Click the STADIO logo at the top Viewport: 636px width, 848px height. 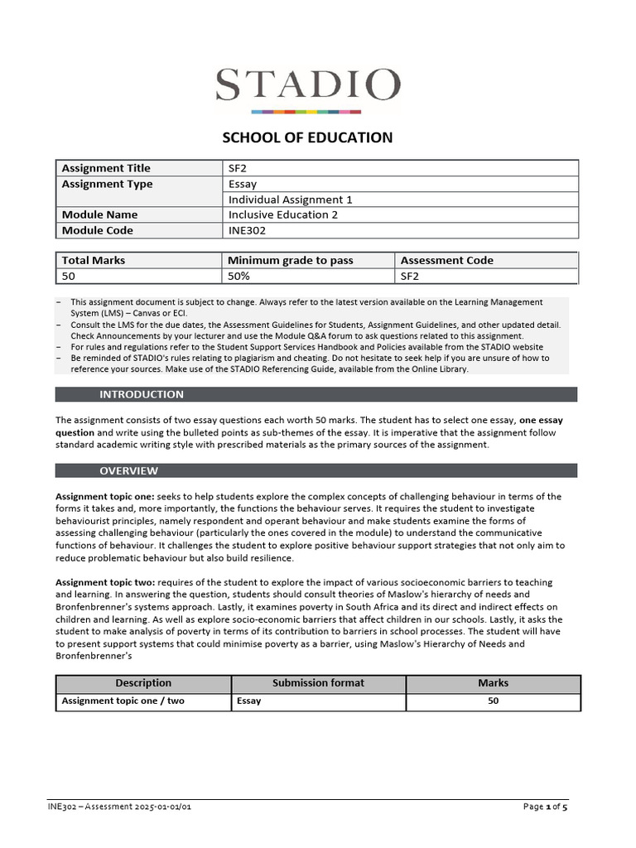coord(308,89)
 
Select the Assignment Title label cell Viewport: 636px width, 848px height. coord(106,168)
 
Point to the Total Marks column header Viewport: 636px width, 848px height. coord(94,260)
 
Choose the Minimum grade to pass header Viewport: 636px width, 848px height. coord(290,260)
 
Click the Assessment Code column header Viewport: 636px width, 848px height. coord(446,260)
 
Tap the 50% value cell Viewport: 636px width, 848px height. coord(239,276)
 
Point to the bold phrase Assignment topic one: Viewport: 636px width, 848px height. coord(104,497)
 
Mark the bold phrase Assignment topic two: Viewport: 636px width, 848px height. coord(104,583)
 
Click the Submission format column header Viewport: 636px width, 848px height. coord(318,683)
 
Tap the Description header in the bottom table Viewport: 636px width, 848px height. coord(143,683)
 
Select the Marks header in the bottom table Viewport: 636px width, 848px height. coord(493,683)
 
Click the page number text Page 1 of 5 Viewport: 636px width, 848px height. coord(546,807)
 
